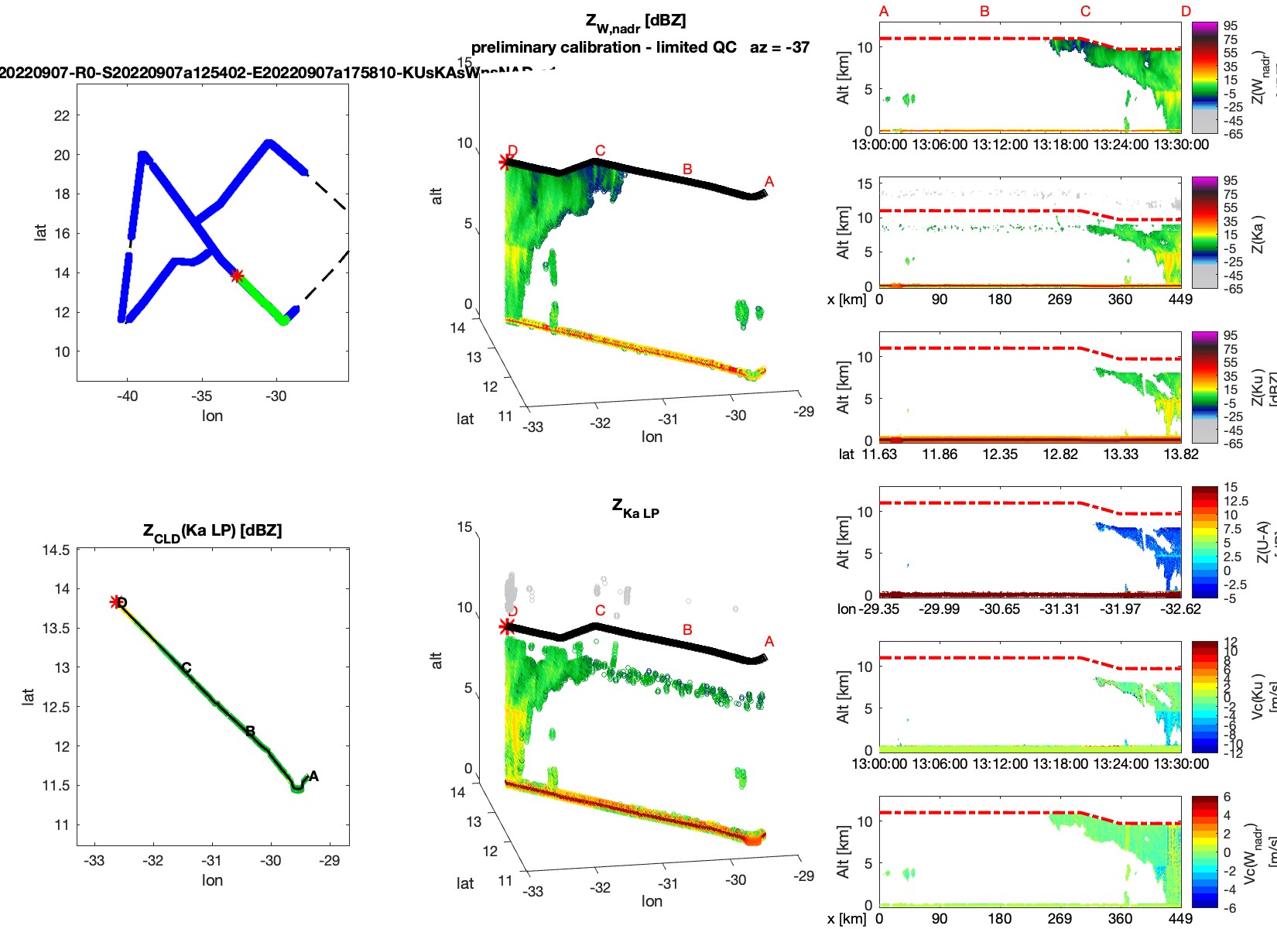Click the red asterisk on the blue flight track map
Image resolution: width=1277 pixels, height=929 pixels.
pyautogui.click(x=237, y=276)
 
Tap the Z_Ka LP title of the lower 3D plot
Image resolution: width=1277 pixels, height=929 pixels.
pyautogui.click(x=635, y=509)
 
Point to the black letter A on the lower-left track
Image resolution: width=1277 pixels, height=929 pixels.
pyautogui.click(x=313, y=776)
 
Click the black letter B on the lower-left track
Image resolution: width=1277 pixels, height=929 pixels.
pyautogui.click(x=250, y=732)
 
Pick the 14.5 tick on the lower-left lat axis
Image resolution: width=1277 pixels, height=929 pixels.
pyautogui.click(x=56, y=550)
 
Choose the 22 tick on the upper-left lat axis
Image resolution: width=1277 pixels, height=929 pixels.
pyautogui.click(x=62, y=116)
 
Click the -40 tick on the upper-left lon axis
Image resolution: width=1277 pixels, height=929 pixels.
pyautogui.click(x=127, y=396)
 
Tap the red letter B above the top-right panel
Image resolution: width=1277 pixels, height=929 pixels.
pyautogui.click(x=984, y=12)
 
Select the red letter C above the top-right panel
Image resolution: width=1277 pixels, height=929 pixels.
pyautogui.click(x=1085, y=12)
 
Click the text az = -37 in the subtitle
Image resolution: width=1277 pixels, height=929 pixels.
pyautogui.click(x=779, y=48)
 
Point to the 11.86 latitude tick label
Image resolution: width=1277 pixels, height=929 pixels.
pyautogui.click(x=940, y=454)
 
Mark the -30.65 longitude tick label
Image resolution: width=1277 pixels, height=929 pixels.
pyautogui.click(x=1000, y=609)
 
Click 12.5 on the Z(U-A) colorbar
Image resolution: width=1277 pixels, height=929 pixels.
pyautogui.click(x=1235, y=502)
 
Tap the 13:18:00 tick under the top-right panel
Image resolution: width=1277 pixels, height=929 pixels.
pyautogui.click(x=1060, y=145)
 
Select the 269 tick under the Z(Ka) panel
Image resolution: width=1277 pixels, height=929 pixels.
pyautogui.click(x=1060, y=300)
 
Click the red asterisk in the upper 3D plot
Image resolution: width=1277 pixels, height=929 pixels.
pyautogui.click(x=505, y=162)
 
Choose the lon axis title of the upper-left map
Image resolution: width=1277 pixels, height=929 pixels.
pyautogui.click(x=212, y=416)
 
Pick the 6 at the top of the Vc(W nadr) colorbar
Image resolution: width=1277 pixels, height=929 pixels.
pyautogui.click(x=1227, y=797)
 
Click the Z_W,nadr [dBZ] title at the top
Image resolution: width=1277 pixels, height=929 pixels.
pyautogui.click(x=635, y=22)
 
